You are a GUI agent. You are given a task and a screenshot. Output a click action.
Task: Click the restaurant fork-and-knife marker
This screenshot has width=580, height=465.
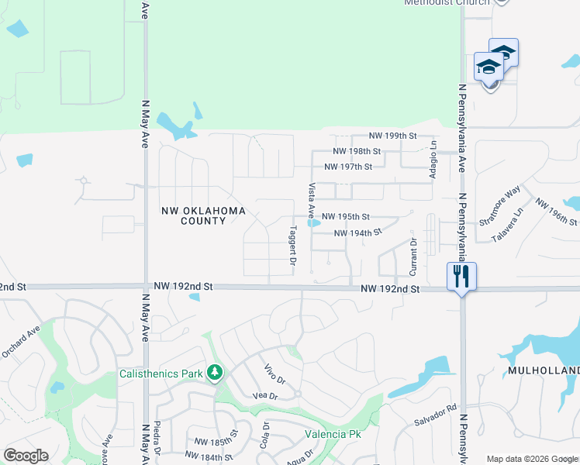461,276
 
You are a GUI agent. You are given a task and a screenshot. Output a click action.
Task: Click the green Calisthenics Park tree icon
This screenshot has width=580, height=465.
215,374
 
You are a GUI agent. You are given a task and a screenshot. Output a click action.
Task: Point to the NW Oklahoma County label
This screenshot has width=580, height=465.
192,215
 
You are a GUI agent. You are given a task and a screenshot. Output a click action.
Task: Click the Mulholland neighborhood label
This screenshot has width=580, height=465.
544,371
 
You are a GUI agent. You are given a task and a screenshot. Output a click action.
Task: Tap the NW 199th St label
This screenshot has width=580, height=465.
393,136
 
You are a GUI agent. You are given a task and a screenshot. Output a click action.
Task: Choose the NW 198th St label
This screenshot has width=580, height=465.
357,151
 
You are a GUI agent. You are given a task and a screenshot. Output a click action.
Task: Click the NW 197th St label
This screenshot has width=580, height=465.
348,167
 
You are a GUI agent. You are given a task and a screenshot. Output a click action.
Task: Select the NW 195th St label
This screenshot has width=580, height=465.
345,216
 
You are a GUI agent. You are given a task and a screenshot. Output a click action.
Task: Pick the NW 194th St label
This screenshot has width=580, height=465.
357,232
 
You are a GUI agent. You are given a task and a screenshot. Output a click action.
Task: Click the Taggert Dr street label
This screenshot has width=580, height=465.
293,246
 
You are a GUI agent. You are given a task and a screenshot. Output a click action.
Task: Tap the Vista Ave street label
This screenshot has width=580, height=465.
312,199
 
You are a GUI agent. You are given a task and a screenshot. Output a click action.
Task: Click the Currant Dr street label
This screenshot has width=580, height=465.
413,257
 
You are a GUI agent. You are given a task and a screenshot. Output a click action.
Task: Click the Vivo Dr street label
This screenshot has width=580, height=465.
275,374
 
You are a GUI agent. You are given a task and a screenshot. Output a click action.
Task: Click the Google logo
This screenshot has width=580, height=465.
26,456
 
